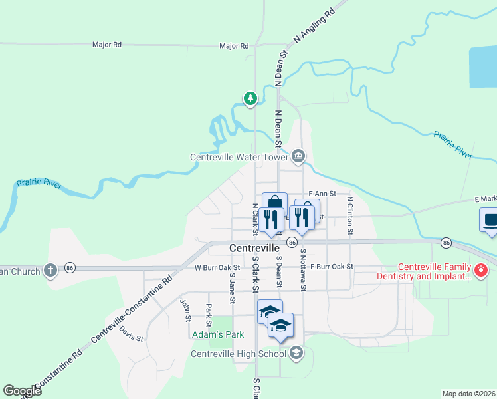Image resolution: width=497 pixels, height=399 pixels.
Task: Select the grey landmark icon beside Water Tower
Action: point(298,156)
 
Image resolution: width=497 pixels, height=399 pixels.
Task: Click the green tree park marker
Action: point(250,99)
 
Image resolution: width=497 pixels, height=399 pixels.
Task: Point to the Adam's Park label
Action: point(219,335)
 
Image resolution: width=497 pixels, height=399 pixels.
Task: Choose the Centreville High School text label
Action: point(239,354)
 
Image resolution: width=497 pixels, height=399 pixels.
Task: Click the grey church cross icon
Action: point(50,270)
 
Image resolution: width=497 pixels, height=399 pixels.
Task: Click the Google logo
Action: point(22,391)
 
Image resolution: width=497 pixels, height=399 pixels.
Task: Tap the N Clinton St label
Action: point(349,215)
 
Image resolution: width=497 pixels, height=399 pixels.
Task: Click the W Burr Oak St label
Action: point(217,267)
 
